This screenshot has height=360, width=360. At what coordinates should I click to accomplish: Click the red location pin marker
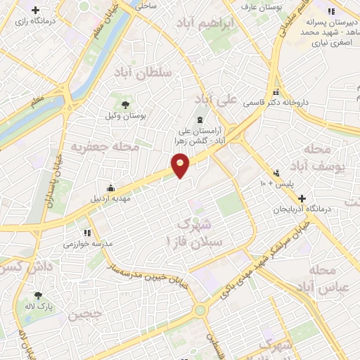click(181, 166)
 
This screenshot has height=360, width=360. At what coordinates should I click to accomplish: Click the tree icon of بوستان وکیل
click(125, 105)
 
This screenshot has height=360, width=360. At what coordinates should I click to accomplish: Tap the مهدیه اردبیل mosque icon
click(110, 188)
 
